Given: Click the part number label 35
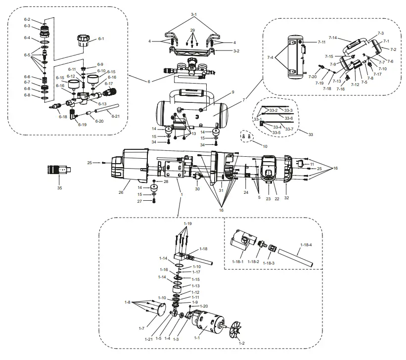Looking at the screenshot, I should (59, 188).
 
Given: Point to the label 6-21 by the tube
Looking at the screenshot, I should (115, 116).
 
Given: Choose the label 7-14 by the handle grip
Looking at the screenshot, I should (332, 38).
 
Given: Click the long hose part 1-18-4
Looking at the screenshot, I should (297, 257).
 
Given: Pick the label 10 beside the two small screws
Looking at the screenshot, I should (265, 146).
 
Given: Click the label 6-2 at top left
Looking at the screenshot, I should (27, 19).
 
